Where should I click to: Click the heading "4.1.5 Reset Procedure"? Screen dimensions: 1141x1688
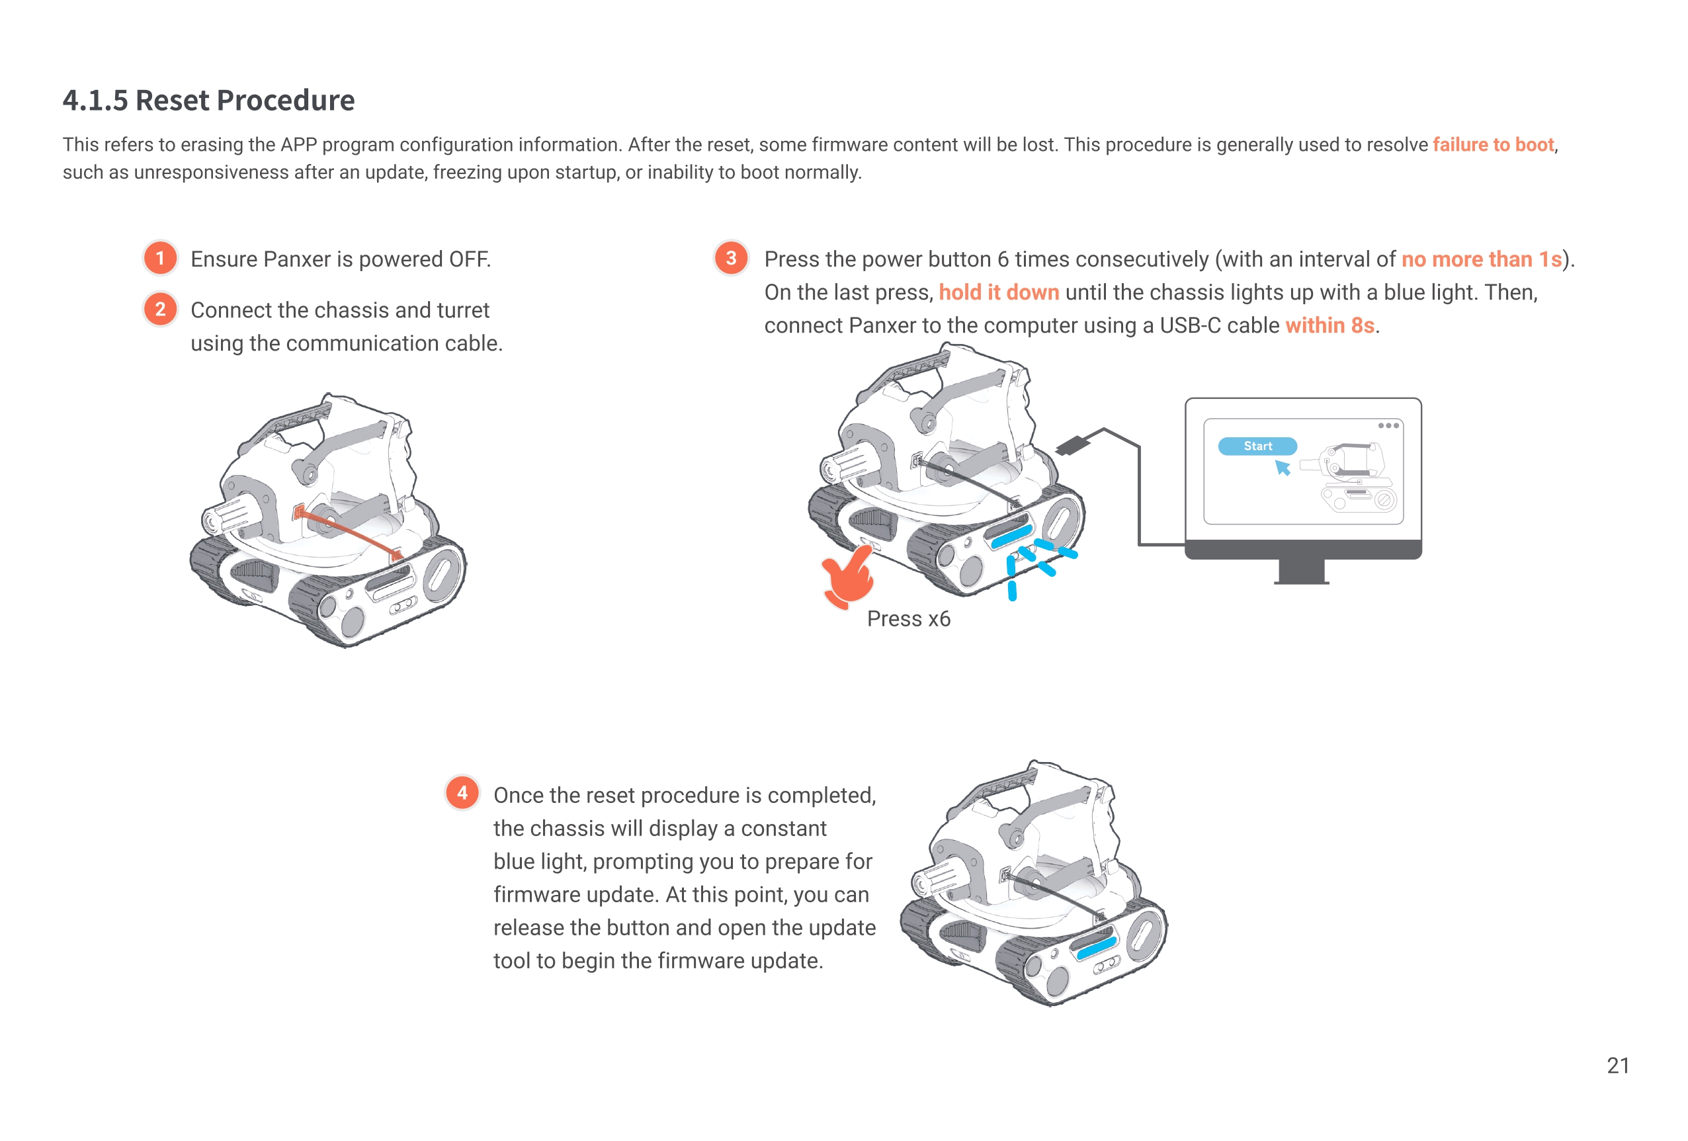click(x=208, y=101)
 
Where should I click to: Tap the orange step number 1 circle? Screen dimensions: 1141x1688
click(x=161, y=259)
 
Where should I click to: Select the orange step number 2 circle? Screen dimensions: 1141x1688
click(x=161, y=310)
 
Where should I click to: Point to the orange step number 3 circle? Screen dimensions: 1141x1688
click(x=732, y=259)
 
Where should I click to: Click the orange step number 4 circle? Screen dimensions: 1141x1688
click(x=462, y=793)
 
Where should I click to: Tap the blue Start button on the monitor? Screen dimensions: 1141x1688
click(x=1257, y=446)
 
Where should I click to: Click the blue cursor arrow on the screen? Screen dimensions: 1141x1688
click(x=1283, y=468)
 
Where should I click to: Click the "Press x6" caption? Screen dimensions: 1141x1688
click(x=908, y=619)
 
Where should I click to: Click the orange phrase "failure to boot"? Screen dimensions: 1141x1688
click(x=1493, y=145)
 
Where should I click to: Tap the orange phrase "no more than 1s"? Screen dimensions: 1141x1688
click(x=1481, y=259)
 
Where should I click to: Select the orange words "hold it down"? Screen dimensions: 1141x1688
click(x=999, y=292)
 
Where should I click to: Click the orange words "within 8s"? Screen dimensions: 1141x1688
click(x=1330, y=325)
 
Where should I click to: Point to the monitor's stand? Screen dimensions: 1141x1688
click(x=1302, y=571)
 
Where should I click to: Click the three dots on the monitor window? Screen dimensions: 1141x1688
click(x=1388, y=425)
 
